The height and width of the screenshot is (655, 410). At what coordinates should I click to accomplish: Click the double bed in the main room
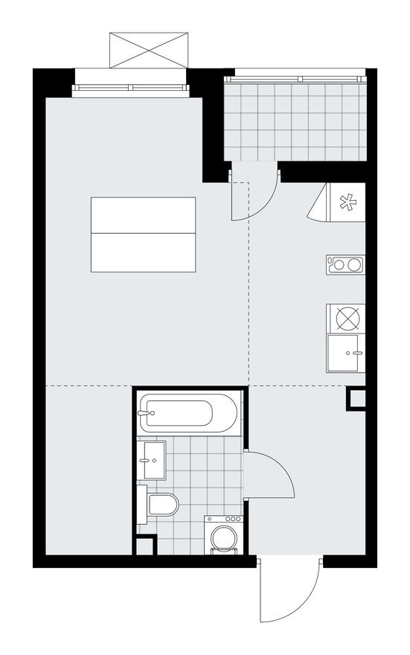tap(143, 234)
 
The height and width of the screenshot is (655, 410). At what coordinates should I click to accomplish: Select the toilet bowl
tap(162, 505)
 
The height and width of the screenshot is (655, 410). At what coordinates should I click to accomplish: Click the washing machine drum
tap(223, 538)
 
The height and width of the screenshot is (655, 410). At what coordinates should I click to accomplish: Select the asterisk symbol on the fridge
tap(347, 202)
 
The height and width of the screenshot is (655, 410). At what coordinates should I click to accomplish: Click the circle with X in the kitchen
tap(346, 318)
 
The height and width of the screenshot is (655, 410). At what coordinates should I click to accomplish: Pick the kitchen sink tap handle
tap(358, 353)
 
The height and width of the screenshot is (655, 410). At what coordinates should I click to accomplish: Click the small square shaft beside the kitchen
tap(356, 398)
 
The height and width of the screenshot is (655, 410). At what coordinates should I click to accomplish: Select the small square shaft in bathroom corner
tap(144, 546)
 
